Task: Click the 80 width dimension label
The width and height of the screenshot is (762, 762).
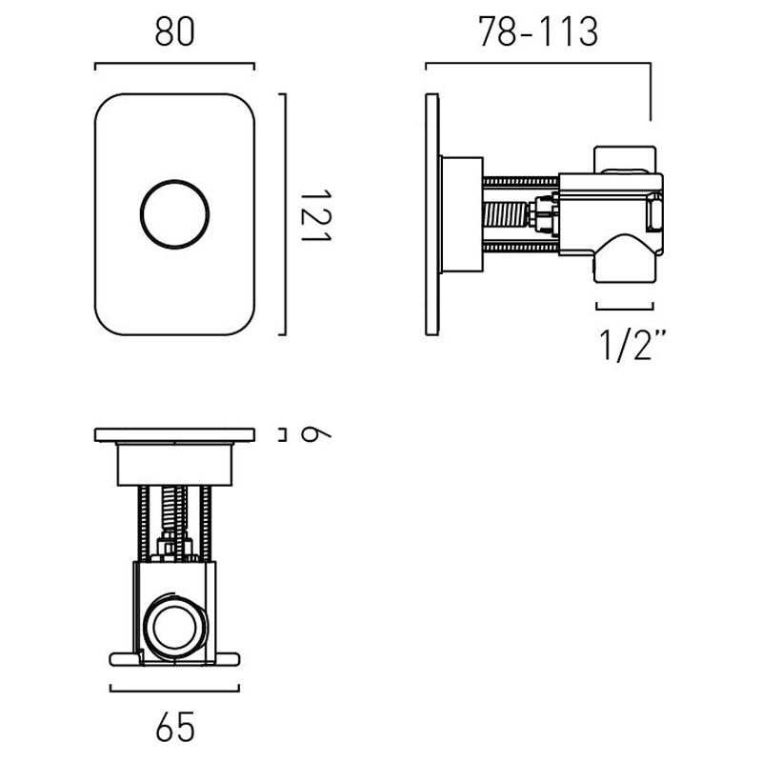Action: [175, 32]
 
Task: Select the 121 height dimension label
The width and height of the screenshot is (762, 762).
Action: [316, 215]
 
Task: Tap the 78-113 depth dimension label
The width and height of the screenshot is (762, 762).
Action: [538, 32]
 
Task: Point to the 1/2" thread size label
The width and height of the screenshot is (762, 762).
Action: [632, 345]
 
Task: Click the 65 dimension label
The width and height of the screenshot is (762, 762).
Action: [175, 727]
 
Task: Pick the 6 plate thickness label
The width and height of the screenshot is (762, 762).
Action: [316, 433]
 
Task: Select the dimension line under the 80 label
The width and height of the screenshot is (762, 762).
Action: [175, 63]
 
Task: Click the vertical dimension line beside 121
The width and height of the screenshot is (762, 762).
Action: [285, 214]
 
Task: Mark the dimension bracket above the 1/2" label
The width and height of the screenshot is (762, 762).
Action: [625, 308]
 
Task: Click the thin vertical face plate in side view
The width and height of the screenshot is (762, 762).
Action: [432, 214]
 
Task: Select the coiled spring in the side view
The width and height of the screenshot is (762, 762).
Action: [506, 214]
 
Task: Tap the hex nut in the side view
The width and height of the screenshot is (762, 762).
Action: [543, 213]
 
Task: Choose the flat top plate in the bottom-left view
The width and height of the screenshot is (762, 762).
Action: [175, 435]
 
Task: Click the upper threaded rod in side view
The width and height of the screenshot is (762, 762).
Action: [520, 182]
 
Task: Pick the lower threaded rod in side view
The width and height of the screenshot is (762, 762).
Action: [520, 248]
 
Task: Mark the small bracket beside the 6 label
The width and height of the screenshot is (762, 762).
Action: [282, 434]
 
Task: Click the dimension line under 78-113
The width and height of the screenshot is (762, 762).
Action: [538, 63]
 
